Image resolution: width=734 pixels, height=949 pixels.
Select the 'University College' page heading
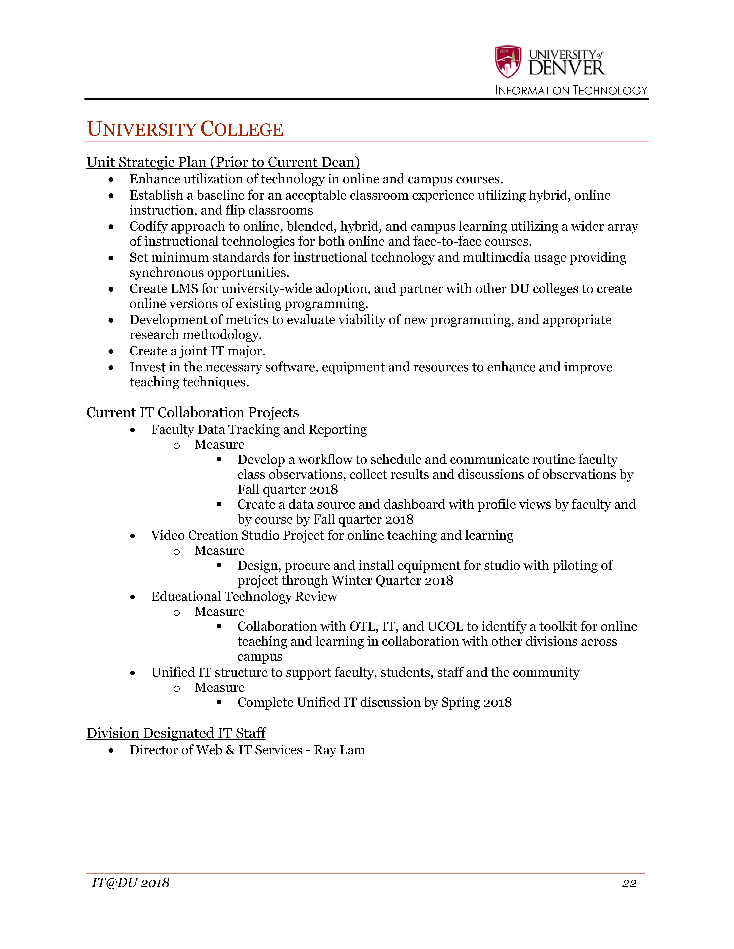(x=185, y=130)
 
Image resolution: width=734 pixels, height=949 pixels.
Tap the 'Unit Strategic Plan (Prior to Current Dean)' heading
(x=223, y=162)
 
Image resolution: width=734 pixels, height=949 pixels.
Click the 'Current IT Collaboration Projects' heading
(x=193, y=412)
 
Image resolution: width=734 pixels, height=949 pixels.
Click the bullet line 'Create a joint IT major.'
(x=197, y=351)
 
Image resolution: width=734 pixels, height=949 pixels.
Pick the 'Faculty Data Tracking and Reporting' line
(x=259, y=429)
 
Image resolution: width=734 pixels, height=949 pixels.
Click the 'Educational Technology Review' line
(x=244, y=597)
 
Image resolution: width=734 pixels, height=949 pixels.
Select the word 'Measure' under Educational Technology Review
(x=219, y=611)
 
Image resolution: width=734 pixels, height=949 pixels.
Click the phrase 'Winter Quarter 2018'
(x=392, y=580)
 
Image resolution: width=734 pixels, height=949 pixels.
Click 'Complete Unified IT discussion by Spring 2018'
(x=374, y=703)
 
